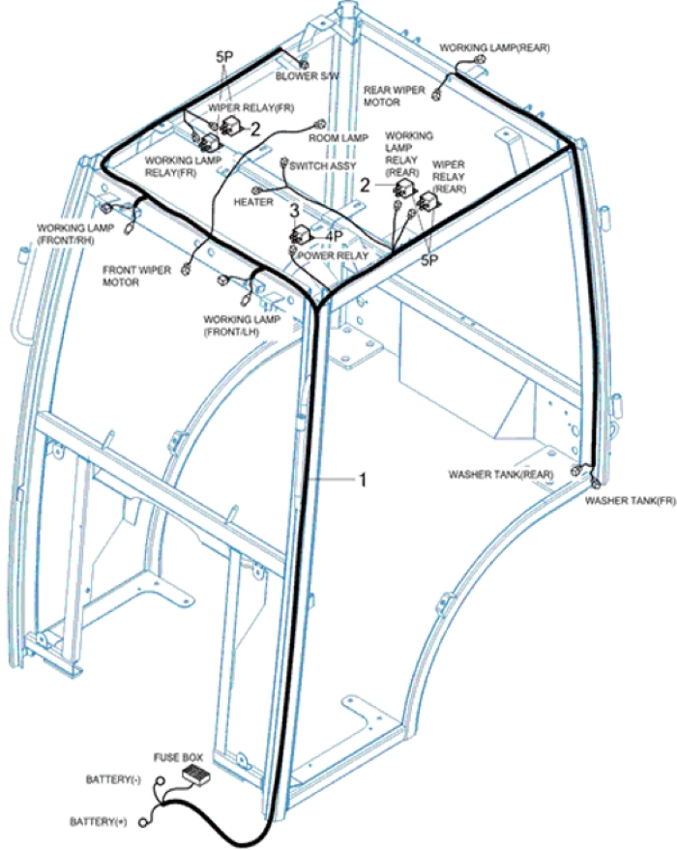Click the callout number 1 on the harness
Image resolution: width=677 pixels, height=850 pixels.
click(363, 479)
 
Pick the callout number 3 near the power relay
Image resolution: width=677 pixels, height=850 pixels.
click(294, 210)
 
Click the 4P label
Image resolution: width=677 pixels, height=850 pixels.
click(335, 235)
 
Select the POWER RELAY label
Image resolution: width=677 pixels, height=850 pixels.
click(334, 256)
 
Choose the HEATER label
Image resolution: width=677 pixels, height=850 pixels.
click(253, 202)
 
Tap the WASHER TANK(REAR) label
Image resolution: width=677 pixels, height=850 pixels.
click(500, 475)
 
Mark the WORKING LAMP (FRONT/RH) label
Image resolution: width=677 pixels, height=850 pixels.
click(69, 234)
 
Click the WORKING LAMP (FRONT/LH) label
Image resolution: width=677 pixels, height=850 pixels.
click(237, 325)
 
